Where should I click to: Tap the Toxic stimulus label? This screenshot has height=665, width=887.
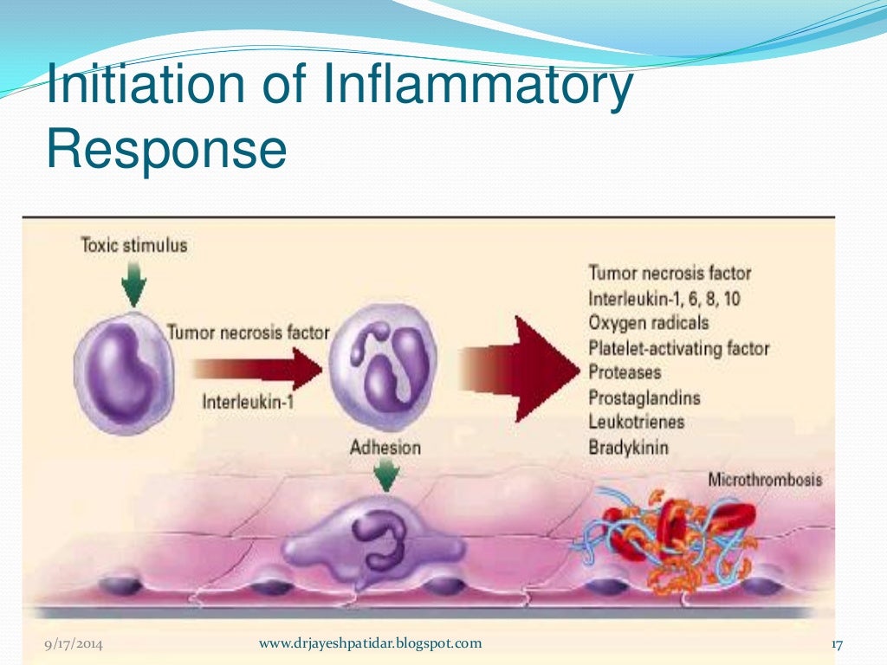tap(133, 245)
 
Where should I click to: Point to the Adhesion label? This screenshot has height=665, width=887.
tap(385, 448)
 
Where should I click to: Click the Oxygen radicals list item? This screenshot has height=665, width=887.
tap(648, 323)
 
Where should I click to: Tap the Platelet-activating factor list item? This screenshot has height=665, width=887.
tap(678, 349)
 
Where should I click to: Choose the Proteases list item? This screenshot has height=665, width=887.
tap(625, 373)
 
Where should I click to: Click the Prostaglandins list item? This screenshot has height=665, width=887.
tap(644, 398)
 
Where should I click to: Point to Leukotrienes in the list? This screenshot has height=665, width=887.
tap(637, 423)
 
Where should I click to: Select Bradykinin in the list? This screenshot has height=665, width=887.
tap(629, 449)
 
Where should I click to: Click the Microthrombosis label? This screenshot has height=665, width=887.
tap(765, 479)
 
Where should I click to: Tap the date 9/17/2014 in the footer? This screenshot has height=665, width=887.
tap(74, 644)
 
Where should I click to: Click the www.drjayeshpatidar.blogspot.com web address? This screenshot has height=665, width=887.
tap(370, 643)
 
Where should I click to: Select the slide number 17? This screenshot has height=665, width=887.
tap(837, 645)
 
